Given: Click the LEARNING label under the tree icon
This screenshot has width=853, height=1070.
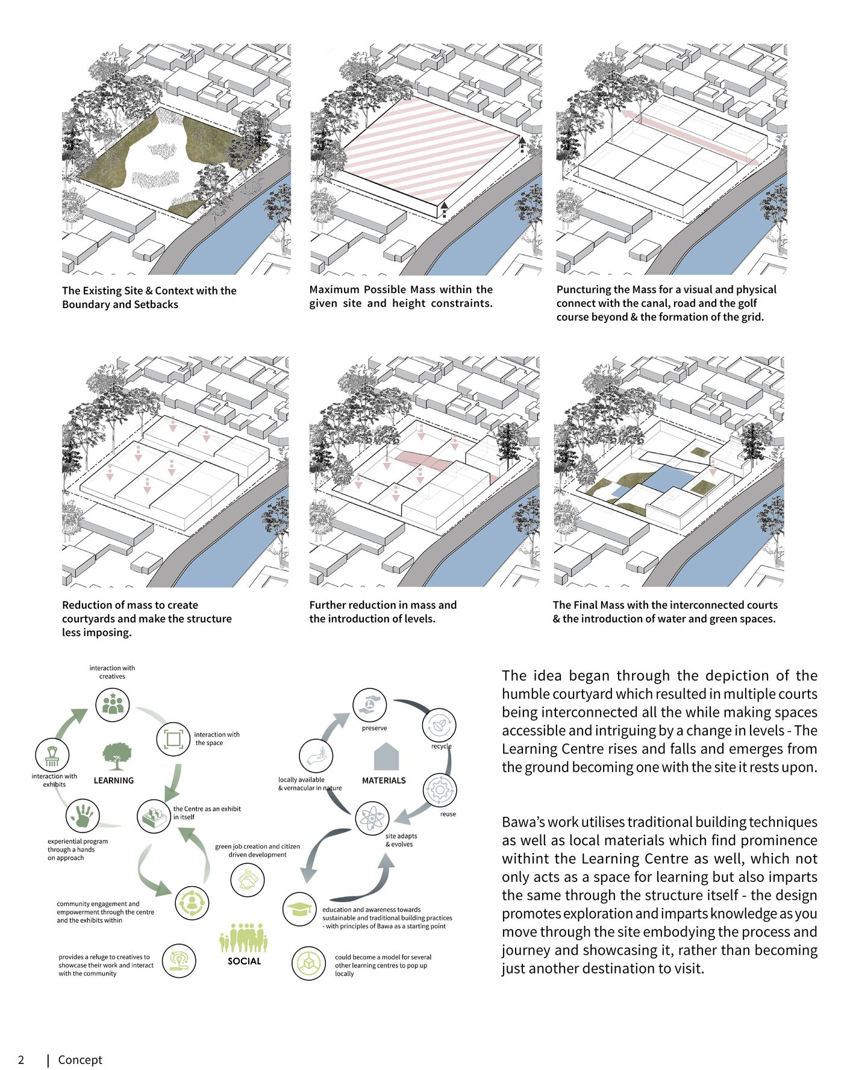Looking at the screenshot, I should click(x=113, y=780).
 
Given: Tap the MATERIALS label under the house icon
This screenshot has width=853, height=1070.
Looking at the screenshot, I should click(x=384, y=780).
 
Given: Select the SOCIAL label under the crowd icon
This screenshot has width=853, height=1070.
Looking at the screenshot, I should click(x=244, y=961).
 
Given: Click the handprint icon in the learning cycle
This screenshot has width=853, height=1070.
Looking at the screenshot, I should click(x=83, y=816).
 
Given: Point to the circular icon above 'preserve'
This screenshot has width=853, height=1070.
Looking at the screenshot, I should click(x=369, y=705).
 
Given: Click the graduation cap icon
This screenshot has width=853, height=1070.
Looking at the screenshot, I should click(x=299, y=909).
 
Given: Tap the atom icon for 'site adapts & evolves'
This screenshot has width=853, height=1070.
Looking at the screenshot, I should click(x=372, y=818).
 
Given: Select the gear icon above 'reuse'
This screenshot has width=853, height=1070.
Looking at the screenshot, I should click(x=440, y=790).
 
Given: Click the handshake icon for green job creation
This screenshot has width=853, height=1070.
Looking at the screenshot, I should click(x=247, y=880).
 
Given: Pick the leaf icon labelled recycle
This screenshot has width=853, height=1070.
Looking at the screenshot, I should click(x=439, y=725).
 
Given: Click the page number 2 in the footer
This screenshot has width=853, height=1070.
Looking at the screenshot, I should click(x=21, y=1060).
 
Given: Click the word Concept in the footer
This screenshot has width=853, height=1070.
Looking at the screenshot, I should click(x=80, y=1060).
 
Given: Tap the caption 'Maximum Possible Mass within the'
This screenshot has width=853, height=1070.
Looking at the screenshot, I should click(x=401, y=289).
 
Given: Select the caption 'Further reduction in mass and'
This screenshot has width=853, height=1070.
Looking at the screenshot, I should click(x=383, y=605).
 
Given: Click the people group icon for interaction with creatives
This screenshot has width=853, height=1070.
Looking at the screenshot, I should click(x=113, y=704).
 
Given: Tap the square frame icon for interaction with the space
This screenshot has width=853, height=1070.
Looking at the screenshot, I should click(x=173, y=739).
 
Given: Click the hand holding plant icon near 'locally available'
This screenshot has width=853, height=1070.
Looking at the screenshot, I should click(x=316, y=756).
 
